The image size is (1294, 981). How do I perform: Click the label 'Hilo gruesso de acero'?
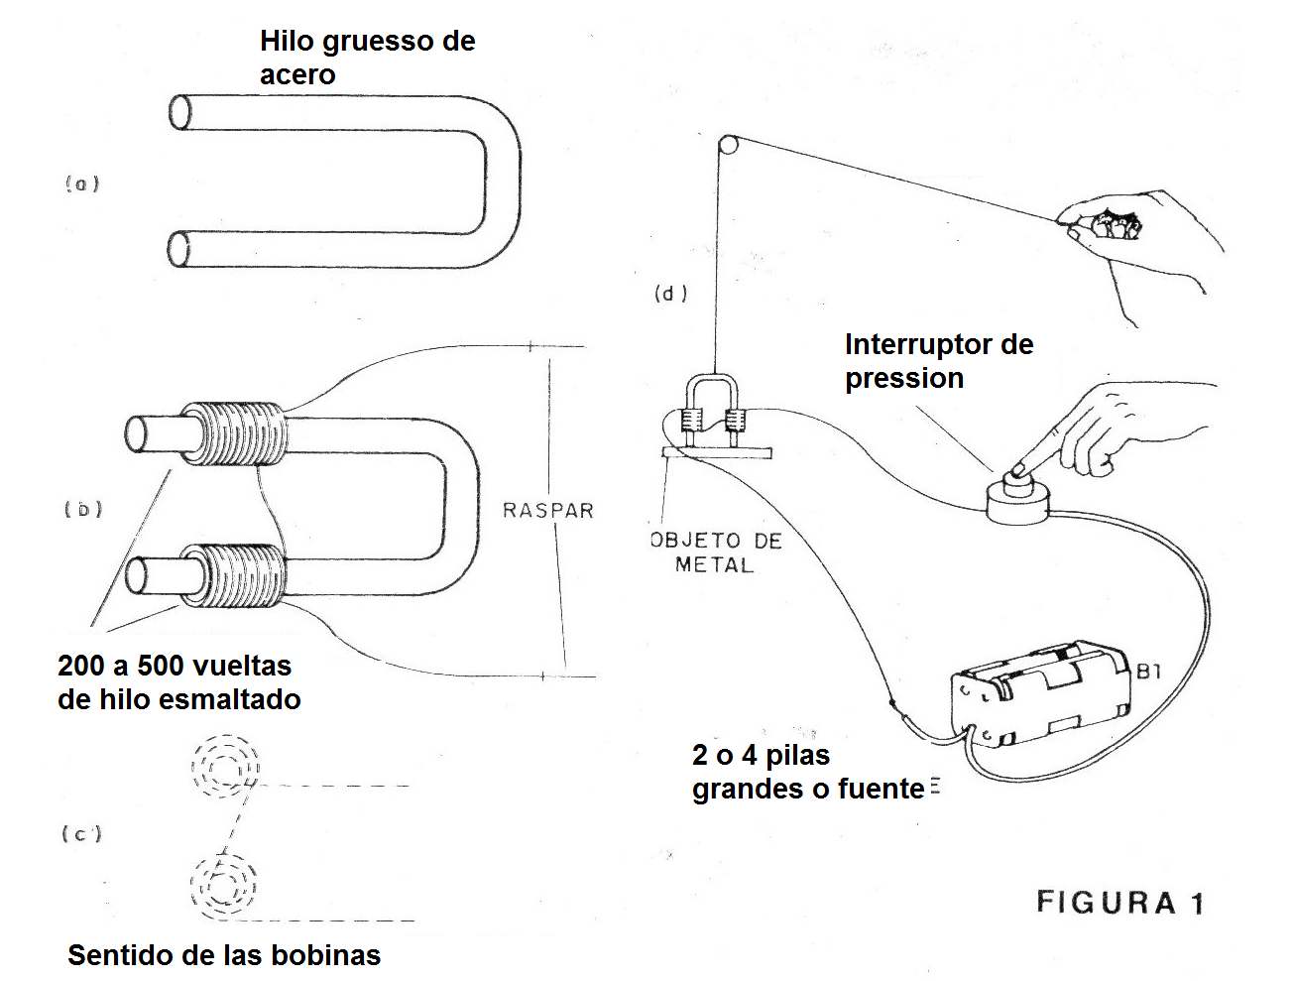point(367,58)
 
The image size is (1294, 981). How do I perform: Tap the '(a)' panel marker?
point(82,184)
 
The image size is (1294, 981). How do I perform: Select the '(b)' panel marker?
point(83,510)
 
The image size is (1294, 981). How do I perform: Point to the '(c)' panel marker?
point(82,834)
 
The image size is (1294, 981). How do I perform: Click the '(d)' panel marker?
point(670,294)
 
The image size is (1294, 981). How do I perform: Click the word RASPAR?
point(547,511)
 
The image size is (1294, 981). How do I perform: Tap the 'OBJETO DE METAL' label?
point(716,553)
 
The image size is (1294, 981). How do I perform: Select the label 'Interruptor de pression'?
point(938,361)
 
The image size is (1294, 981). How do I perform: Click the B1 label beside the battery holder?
point(1148,673)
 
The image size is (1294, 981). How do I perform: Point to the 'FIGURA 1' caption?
point(1120,904)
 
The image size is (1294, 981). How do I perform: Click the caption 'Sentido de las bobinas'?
point(224,955)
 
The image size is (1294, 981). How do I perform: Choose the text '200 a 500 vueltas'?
point(175,666)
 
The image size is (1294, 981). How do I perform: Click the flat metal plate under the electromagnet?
point(716,453)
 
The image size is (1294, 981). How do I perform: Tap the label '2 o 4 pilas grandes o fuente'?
point(808,772)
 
